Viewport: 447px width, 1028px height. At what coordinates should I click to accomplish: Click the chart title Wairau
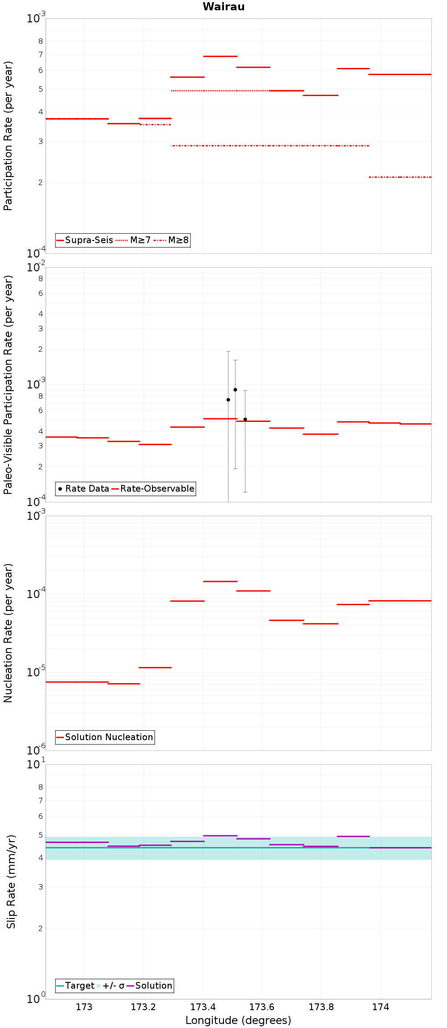223,7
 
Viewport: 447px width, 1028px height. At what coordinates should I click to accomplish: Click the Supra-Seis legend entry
85,240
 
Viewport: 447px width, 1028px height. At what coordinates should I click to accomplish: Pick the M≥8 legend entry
171,240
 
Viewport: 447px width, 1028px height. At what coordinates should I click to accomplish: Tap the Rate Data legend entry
84,489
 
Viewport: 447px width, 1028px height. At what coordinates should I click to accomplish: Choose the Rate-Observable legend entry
153,489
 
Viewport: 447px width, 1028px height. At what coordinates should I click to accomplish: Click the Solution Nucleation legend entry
105,737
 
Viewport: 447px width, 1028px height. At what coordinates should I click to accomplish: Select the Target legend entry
76,986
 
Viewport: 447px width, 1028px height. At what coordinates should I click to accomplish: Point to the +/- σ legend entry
110,986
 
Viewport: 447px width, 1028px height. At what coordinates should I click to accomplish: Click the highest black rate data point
235,390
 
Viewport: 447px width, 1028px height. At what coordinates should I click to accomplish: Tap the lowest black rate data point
245,419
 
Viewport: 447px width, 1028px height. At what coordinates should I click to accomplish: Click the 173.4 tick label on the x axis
202,1007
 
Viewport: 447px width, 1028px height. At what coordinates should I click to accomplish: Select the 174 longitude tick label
380,1007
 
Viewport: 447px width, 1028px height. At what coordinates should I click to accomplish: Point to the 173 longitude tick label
84,1007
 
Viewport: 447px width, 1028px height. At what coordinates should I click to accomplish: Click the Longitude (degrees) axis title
238,1020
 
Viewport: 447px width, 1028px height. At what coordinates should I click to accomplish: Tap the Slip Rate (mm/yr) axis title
11,881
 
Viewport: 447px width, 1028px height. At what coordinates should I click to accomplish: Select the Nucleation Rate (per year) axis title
8,633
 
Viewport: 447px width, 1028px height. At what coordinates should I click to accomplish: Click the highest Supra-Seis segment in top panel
220,56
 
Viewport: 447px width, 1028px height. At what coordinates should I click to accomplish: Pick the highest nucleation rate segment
220,581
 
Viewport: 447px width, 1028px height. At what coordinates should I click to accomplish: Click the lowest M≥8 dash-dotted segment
400,177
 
